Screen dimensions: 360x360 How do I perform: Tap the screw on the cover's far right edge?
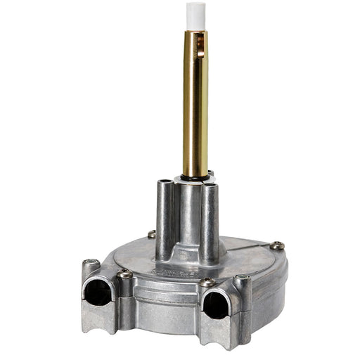point(278,245)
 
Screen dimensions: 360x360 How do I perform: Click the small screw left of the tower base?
point(152,234)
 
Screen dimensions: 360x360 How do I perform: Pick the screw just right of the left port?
point(124,274)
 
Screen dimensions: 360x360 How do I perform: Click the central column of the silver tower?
point(188,218)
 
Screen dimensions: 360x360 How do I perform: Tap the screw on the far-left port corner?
point(89,264)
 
